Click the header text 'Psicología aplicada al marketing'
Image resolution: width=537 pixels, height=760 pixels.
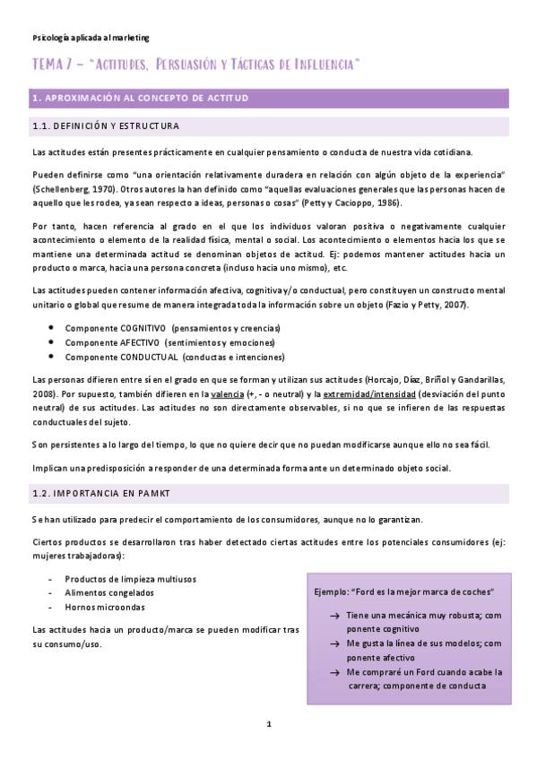90,38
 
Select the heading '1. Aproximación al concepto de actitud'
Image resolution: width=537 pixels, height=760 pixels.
140,98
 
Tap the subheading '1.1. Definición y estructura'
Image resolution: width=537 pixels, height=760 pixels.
105,126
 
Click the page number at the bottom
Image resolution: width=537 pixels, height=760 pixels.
268,723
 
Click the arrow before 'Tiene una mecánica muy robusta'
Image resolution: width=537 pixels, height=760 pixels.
333,617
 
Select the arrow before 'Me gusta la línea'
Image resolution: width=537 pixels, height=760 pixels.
333,643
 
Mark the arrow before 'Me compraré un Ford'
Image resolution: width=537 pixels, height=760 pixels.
333,671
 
